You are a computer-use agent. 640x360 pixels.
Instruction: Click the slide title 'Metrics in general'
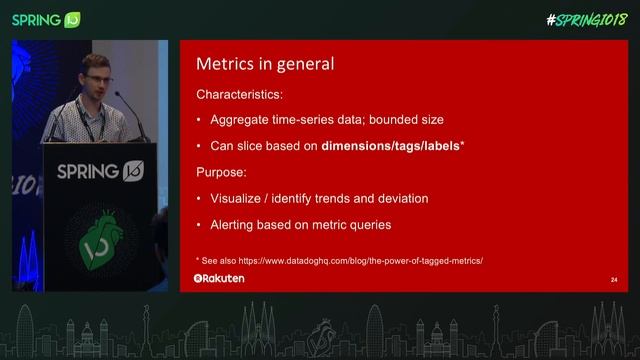[264, 64]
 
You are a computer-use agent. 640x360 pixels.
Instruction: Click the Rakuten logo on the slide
[219, 278]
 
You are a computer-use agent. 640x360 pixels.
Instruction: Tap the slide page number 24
[612, 280]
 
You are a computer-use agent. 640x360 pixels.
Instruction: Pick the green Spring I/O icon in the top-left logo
[72, 20]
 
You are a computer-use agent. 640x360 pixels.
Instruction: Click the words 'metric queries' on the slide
[353, 224]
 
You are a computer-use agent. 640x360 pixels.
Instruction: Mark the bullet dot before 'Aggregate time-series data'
[198, 121]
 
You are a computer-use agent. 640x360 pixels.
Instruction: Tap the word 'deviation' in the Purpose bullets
[397, 198]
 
